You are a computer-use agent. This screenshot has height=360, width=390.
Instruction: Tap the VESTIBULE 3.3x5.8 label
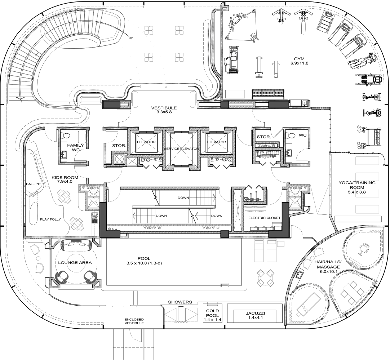(164, 110)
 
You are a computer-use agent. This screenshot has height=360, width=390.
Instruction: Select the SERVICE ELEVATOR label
(181, 149)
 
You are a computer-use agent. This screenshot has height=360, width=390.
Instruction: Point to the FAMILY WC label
(75, 147)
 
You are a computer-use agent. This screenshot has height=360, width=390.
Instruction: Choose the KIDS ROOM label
(65, 179)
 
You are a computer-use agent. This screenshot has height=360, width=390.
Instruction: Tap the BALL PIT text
(33, 184)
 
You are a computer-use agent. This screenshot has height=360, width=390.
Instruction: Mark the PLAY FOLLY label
(50, 219)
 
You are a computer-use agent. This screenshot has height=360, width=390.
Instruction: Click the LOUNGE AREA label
(75, 263)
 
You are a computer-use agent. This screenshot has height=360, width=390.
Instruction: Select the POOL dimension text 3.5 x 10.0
(144, 263)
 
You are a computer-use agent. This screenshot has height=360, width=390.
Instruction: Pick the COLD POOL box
(212, 313)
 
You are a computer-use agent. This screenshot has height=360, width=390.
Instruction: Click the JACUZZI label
(256, 313)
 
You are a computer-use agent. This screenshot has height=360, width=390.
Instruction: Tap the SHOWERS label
(180, 302)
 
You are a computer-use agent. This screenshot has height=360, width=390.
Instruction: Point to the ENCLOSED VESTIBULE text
(134, 321)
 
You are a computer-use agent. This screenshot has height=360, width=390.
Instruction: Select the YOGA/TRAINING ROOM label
(357, 187)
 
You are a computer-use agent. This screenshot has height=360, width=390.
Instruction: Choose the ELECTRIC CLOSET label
(265, 218)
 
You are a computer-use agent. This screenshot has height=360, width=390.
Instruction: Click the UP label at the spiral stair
(130, 38)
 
